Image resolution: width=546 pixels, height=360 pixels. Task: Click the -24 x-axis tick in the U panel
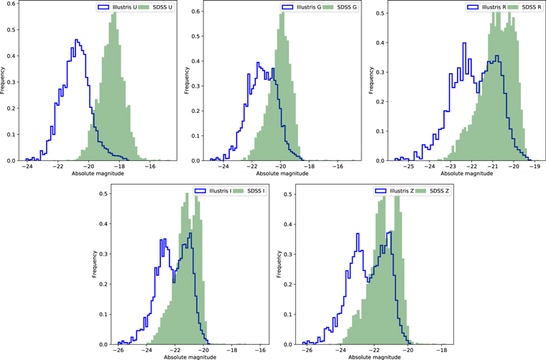pyautogui.click(x=27, y=167)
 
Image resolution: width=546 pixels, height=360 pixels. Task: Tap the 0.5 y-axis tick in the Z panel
pyautogui.click(x=287, y=193)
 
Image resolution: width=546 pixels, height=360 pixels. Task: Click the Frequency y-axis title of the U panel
pyautogui.click(x=4, y=83)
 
